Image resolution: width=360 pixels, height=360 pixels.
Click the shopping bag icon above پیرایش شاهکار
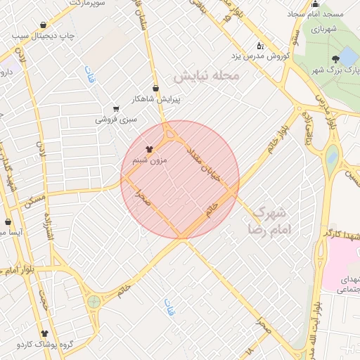155,88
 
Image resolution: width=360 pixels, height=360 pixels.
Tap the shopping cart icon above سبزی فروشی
116,109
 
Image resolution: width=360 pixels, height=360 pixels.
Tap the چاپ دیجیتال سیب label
73,35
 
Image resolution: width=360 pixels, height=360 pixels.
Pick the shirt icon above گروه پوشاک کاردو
45,333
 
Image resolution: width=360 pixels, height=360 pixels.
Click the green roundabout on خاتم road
94,302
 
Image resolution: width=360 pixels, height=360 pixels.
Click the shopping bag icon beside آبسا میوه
8,221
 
